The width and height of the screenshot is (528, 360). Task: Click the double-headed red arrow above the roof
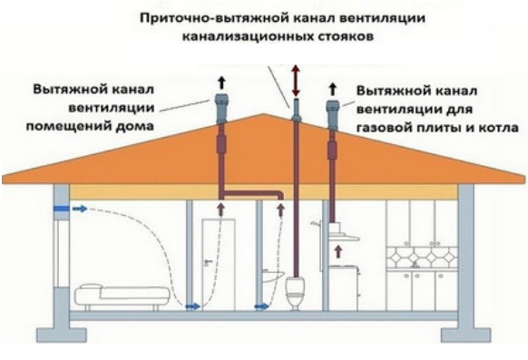point(296,81)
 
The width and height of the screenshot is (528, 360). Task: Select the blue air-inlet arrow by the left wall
point(80,209)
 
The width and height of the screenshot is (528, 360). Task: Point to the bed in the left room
point(122,297)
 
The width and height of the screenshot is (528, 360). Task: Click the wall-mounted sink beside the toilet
point(273,276)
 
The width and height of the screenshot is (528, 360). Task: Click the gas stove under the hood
point(343,288)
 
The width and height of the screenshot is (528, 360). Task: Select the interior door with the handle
point(219,264)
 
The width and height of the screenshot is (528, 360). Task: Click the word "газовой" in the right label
point(380,128)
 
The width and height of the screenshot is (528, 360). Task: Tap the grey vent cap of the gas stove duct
point(333,113)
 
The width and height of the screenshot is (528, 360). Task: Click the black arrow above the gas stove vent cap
point(333,89)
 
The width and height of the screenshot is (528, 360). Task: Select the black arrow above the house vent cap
point(221,83)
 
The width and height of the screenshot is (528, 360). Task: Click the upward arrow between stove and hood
point(338,252)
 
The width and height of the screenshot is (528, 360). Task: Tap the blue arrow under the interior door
point(192,306)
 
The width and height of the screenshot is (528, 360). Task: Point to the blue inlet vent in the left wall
point(62,209)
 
